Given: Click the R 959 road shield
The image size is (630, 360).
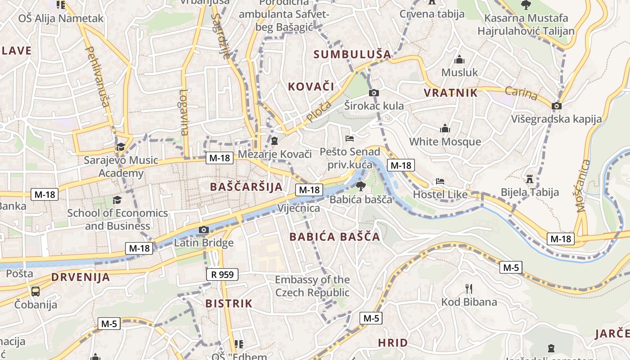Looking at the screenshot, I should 222,274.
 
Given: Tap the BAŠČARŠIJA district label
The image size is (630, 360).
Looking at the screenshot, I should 246,187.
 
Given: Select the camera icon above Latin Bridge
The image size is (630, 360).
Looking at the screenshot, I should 203,230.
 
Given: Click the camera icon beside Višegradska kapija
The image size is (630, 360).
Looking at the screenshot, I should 557,106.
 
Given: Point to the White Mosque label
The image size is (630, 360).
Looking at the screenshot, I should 445,142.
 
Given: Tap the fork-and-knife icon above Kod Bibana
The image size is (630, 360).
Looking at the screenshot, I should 468,288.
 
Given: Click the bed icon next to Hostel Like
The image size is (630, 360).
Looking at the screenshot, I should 440,182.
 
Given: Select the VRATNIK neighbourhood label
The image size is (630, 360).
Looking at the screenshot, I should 450,93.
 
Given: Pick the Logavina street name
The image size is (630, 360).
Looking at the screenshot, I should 184,112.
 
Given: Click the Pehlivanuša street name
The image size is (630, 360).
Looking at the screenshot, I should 98,76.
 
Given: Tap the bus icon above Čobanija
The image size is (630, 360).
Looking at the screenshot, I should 35,291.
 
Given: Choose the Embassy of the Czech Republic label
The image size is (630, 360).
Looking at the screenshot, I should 312,286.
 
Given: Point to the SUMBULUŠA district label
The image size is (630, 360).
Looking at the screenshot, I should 352,54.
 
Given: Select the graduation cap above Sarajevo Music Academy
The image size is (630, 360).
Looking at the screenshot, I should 121,147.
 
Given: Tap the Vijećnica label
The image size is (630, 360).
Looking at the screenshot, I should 299,208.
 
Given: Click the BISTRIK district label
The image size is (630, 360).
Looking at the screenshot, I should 229,303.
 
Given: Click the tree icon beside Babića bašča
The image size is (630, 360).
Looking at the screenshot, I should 360,186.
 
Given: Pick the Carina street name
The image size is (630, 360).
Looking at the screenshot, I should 521,94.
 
